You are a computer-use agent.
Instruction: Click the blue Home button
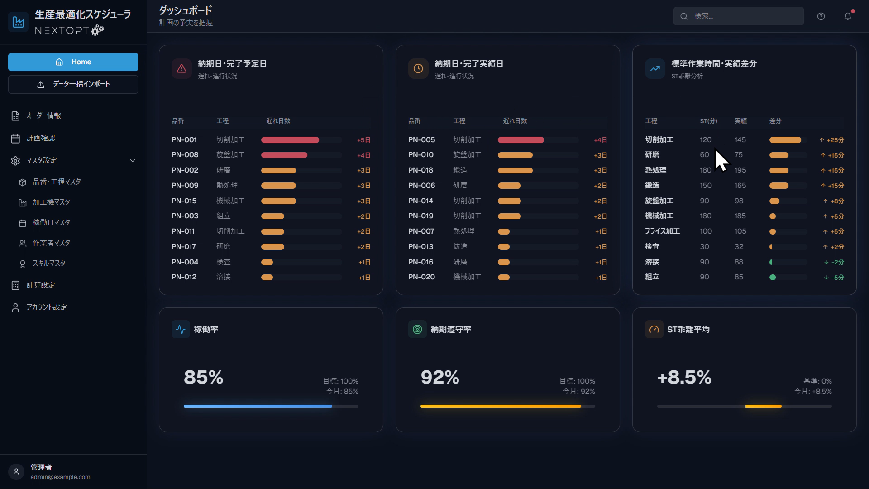point(73,62)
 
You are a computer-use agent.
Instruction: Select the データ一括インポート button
point(73,84)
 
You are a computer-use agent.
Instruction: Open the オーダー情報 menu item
point(43,115)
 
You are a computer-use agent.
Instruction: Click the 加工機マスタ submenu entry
point(51,202)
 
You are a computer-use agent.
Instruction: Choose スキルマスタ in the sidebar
point(49,264)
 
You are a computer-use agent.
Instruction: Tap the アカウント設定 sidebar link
point(46,307)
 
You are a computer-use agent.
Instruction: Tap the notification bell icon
point(848,16)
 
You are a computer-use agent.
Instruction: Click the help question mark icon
point(821,16)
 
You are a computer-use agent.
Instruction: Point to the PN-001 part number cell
point(184,140)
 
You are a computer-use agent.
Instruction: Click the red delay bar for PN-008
point(284,155)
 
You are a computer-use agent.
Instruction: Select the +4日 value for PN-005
point(600,140)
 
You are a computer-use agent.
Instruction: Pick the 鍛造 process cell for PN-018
point(460,170)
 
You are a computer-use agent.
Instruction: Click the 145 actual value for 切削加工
point(740,140)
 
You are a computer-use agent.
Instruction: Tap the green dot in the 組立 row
point(773,278)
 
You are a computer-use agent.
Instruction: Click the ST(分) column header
point(708,121)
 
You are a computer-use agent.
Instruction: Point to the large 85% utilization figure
point(204,377)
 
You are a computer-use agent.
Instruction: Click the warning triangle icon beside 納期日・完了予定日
point(181,69)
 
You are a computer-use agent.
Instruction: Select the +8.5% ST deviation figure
point(684,377)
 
